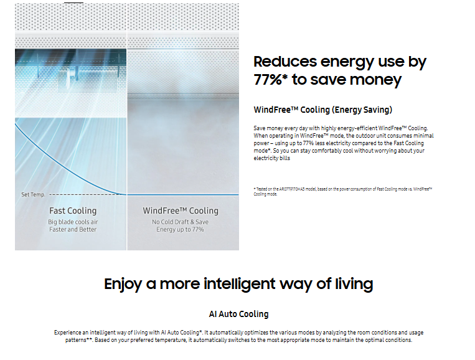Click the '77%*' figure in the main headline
(273, 80)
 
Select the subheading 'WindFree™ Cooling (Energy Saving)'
(322, 110)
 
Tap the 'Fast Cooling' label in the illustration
(73, 211)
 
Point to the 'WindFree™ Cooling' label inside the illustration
(181, 211)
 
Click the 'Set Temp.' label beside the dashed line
(33, 195)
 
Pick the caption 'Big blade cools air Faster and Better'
(73, 225)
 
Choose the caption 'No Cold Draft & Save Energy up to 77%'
(181, 225)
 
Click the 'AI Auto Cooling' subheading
(238, 314)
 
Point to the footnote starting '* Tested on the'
(342, 191)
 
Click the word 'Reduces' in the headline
(285, 62)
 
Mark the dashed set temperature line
(81, 195)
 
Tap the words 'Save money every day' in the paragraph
(281, 128)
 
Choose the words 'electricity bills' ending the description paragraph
(272, 158)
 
